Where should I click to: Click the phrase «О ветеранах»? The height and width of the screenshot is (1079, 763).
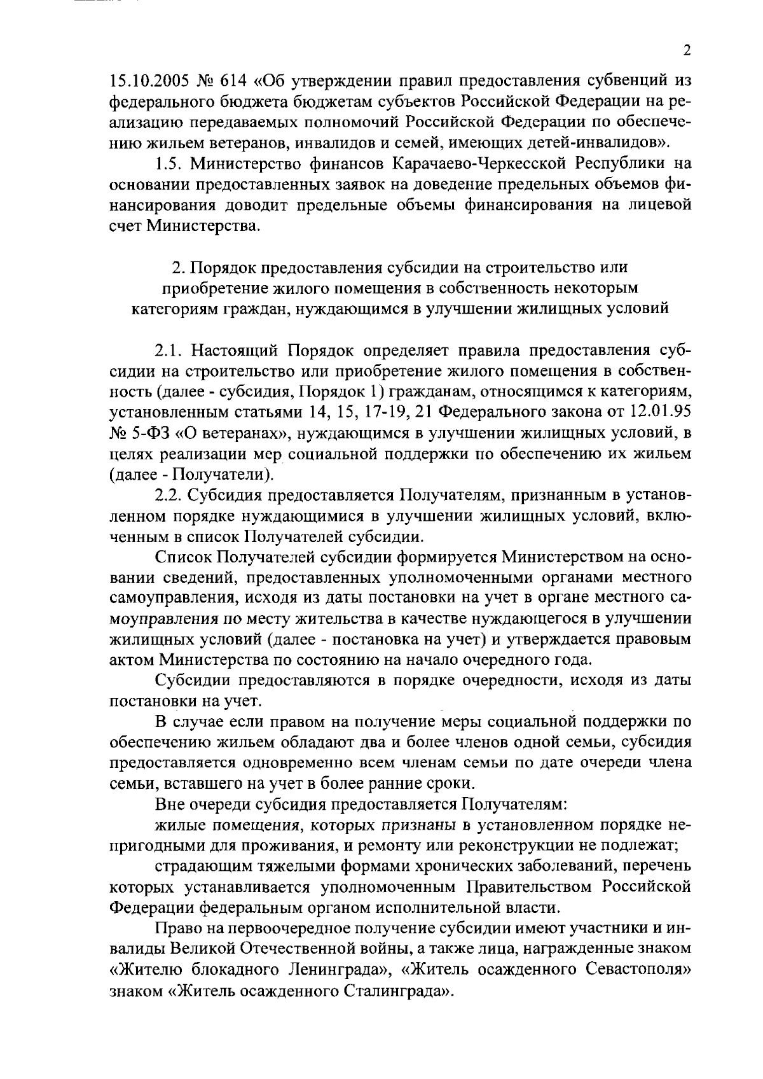226,433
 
